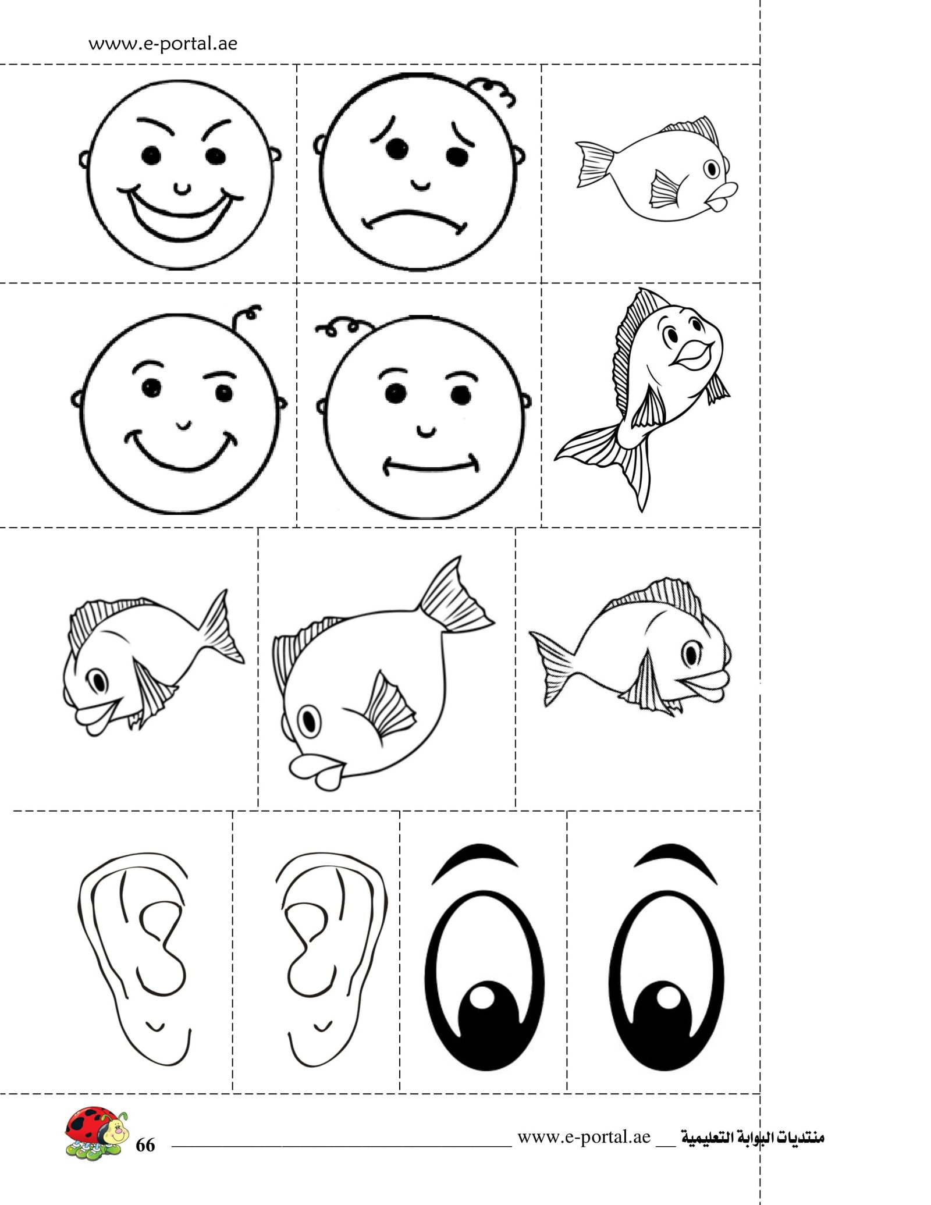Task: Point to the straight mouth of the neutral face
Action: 431,466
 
